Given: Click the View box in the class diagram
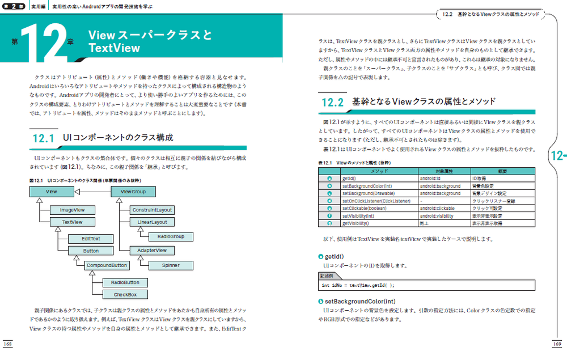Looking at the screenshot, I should pyautogui.click(x=52, y=192).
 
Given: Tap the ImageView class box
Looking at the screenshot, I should pyautogui.click(x=72, y=210).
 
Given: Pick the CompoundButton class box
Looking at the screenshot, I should pyautogui.click(x=106, y=265).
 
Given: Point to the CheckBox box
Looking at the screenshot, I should pyautogui.click(x=125, y=294).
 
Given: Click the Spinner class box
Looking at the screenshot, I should pyautogui.click(x=171, y=265).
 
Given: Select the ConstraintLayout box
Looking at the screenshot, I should pyautogui.click(x=151, y=210).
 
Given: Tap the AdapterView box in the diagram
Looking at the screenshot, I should pyautogui.click(x=151, y=250).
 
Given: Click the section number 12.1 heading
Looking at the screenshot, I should pyautogui.click(x=43, y=138).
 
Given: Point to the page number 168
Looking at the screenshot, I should pyautogui.click(x=8, y=344).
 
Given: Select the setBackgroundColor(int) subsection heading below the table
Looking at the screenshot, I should pyautogui.click(x=359, y=301).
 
